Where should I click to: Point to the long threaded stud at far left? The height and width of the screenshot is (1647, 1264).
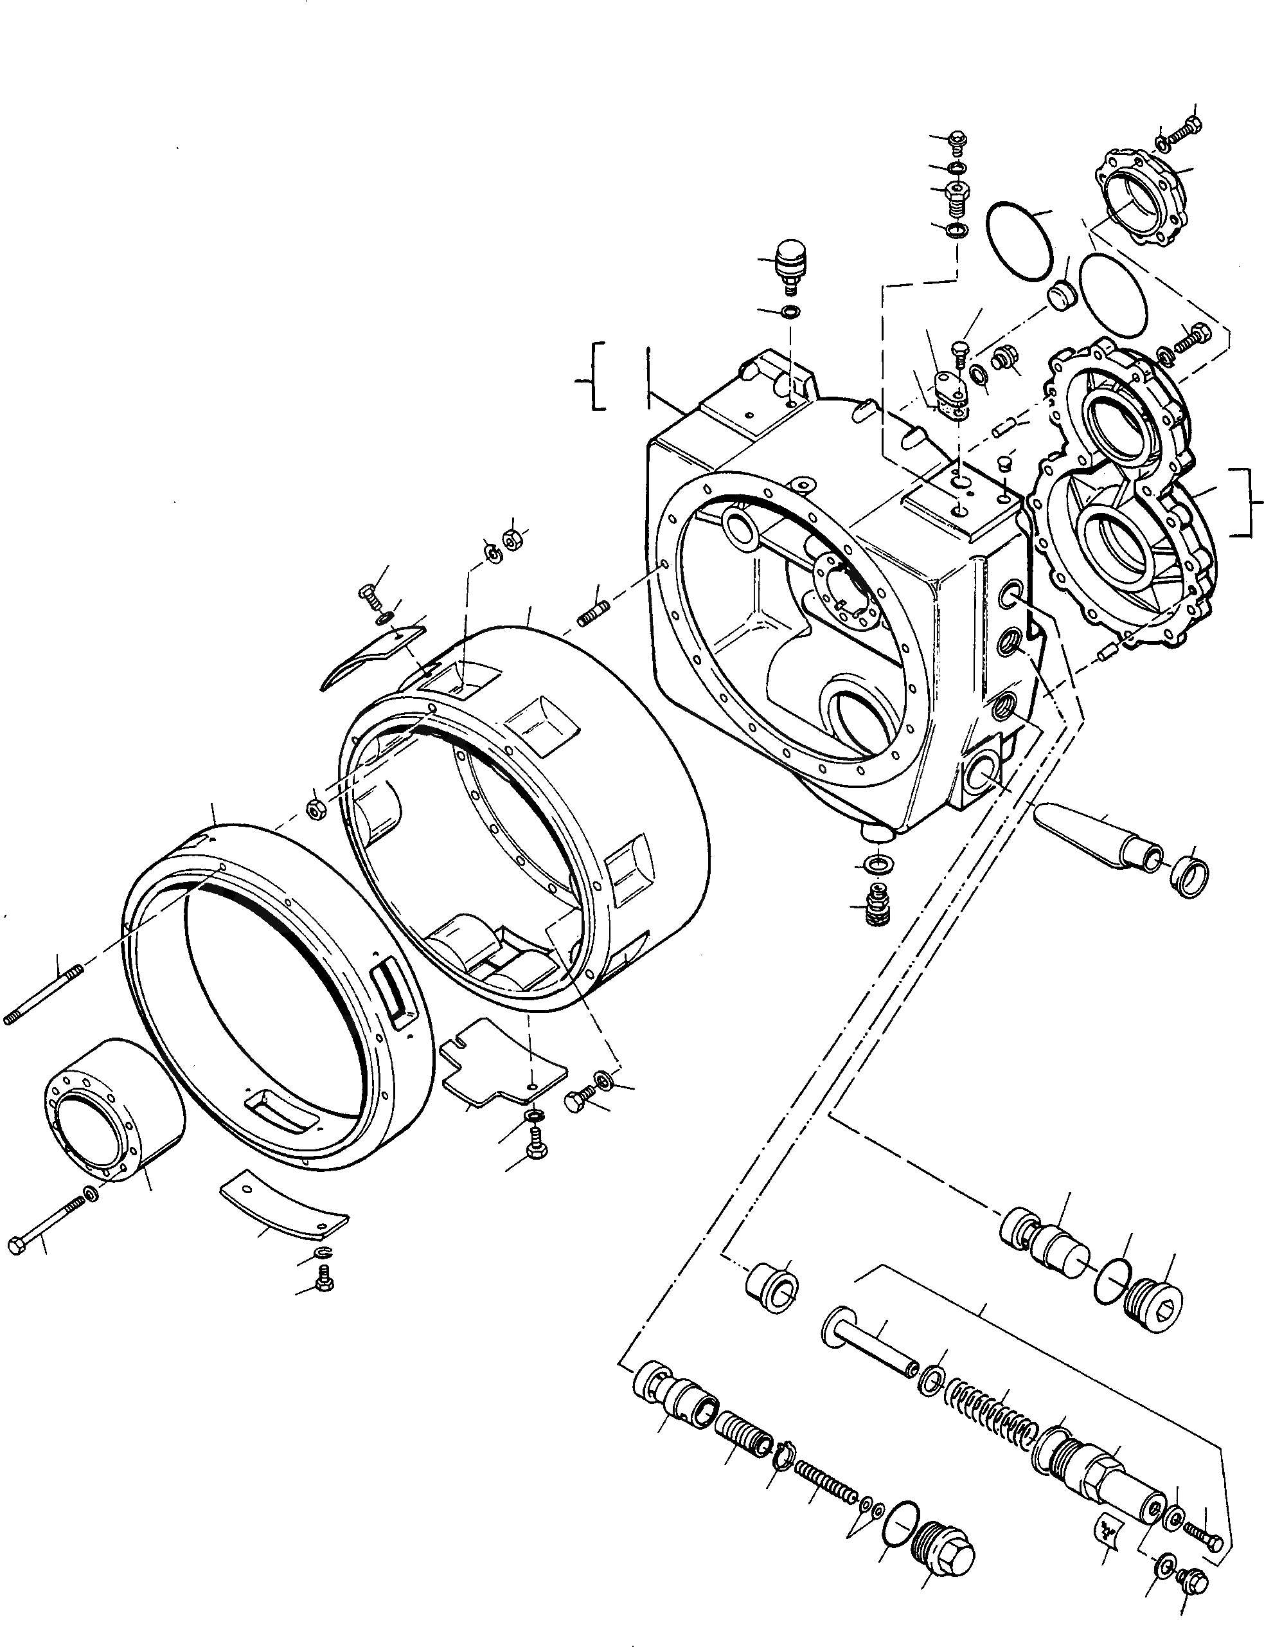(x=44, y=995)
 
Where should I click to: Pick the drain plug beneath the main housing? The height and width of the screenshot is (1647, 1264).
(x=875, y=899)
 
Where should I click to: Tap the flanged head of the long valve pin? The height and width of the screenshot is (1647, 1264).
(x=835, y=1331)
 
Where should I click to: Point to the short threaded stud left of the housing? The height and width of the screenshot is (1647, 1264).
(x=592, y=613)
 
